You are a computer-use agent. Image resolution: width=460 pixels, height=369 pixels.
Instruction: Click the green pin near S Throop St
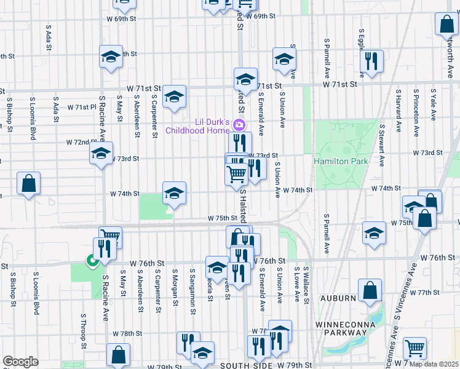92,261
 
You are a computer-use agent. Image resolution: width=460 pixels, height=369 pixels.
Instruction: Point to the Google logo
20,362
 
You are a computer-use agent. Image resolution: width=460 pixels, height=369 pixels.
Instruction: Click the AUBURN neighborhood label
334,298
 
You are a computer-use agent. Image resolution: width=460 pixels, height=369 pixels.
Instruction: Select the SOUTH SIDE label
246,365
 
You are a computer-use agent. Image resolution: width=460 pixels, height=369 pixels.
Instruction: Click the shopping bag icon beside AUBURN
370,292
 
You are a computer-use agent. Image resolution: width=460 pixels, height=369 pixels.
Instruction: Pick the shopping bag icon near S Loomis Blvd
28,183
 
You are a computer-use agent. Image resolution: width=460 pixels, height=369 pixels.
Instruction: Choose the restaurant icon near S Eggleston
371,61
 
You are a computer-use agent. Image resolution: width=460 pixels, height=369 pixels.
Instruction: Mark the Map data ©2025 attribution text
432,365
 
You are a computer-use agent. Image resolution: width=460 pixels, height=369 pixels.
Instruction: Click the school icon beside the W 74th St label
174,194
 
